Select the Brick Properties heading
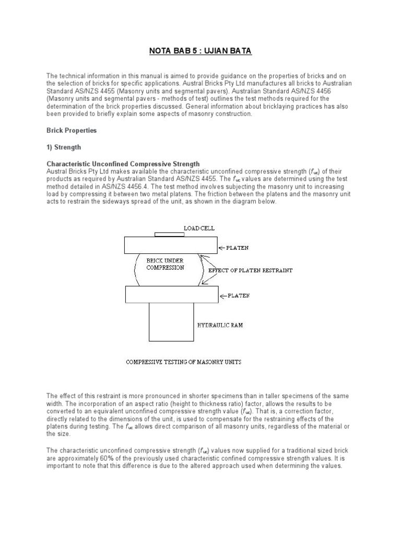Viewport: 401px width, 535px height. [x=72, y=131]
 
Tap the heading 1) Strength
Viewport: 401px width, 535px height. [x=64, y=147]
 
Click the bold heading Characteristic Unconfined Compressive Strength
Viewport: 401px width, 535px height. [x=123, y=164]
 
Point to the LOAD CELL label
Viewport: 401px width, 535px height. [x=199, y=228]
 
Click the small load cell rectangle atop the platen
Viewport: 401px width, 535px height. [x=170, y=235]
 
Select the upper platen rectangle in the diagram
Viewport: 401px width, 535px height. [x=171, y=245]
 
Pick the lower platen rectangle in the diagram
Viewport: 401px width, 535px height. [x=171, y=295]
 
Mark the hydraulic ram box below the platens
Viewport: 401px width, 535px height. [x=171, y=322]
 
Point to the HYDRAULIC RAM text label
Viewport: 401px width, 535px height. [x=220, y=325]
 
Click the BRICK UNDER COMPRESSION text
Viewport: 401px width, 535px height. [x=165, y=264]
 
